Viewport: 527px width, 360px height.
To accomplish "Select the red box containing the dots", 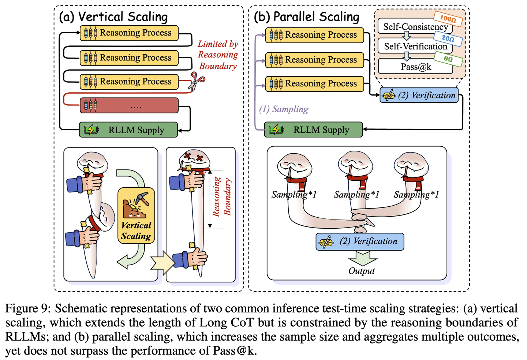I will [x=129, y=106].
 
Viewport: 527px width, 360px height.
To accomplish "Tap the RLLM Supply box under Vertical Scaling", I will [x=128, y=130].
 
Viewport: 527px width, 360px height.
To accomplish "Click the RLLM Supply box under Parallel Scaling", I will [x=313, y=130].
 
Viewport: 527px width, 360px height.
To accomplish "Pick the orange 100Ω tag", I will [x=448, y=18].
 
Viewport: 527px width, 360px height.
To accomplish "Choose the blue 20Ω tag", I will [x=448, y=38].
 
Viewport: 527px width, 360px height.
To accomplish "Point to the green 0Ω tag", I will [x=448, y=59].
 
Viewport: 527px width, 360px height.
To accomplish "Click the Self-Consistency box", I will [x=415, y=26].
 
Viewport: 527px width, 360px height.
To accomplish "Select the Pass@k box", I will [x=415, y=67].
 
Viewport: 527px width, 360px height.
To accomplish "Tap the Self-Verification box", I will [x=415, y=46].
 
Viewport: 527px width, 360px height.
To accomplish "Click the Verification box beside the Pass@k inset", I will [x=419, y=95].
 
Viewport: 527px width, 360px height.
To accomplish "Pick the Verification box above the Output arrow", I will [x=360, y=241].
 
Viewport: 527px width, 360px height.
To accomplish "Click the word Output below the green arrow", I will [x=362, y=271].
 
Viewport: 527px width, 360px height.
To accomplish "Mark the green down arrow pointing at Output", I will [x=362, y=258].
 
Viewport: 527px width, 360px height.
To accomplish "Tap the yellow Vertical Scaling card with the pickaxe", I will [x=136, y=216].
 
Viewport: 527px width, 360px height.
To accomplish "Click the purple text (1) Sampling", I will [x=284, y=109].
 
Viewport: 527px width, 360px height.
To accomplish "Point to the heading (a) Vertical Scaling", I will [x=113, y=17].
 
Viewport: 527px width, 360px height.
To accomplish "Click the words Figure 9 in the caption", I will [x=27, y=308].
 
